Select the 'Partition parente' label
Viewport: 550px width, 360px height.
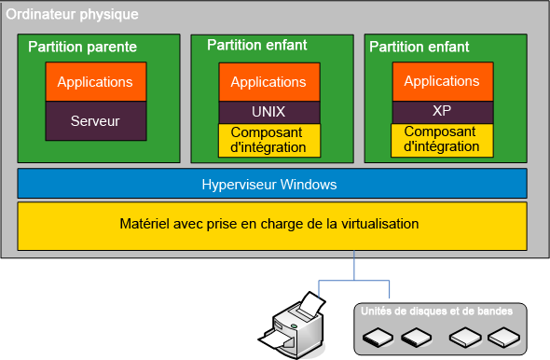pyautogui.click(x=82, y=47)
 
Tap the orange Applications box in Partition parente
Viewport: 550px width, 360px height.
pyautogui.click(x=95, y=82)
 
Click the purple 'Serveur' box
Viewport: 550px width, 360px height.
pyautogui.click(x=95, y=121)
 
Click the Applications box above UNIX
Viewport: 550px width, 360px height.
pyautogui.click(x=268, y=82)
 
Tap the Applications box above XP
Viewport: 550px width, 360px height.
pyautogui.click(x=442, y=81)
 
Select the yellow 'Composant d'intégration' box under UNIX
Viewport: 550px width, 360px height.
pyautogui.click(x=268, y=140)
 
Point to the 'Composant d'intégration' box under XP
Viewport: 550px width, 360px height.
pyautogui.click(x=442, y=139)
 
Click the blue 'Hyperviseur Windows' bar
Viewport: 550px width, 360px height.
pyautogui.click(x=269, y=185)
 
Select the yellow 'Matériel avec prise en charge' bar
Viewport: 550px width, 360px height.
pyautogui.click(x=269, y=225)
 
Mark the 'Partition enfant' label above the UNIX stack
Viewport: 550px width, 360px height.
pyautogui.click(x=257, y=45)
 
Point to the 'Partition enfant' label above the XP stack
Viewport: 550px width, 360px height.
pyautogui.click(x=419, y=47)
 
